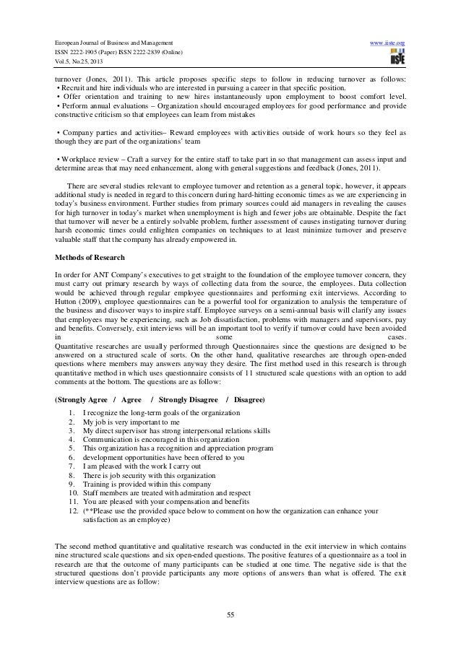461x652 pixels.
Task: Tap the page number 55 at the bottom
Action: tap(230, 615)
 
